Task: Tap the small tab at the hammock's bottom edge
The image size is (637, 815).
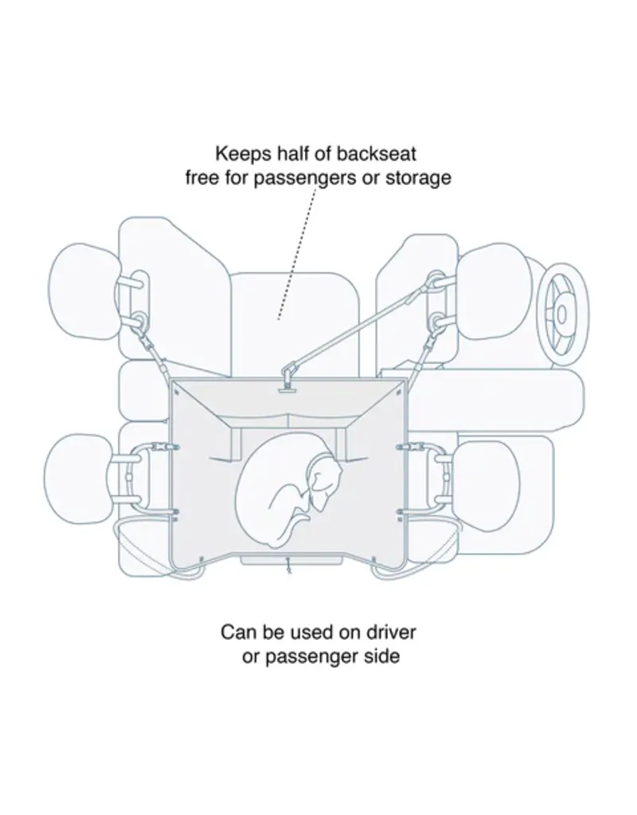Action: click(x=289, y=567)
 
